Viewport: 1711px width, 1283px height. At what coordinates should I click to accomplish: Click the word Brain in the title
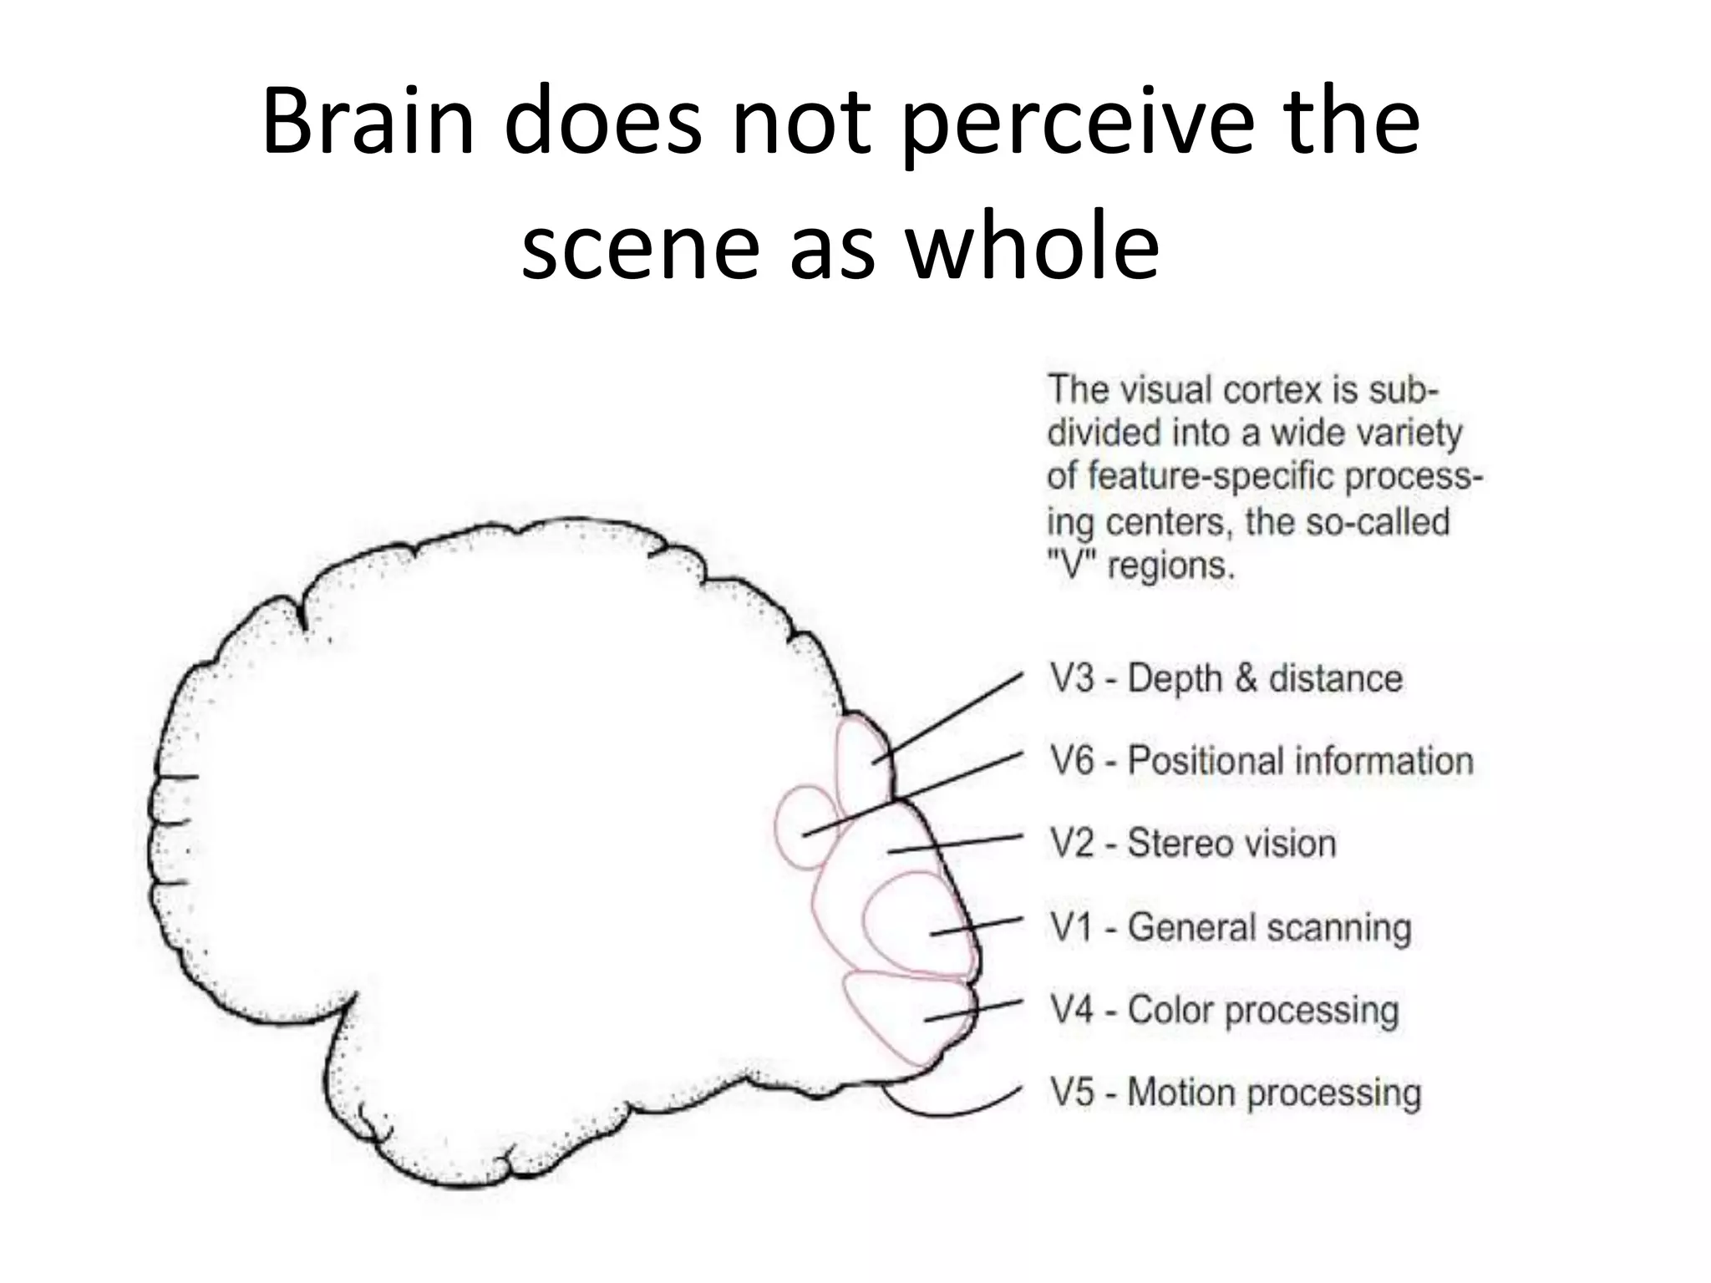coord(368,121)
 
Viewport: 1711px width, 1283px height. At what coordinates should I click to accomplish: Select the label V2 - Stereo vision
coord(1193,843)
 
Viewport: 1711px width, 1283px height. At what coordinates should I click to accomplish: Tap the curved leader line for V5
coord(952,1111)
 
